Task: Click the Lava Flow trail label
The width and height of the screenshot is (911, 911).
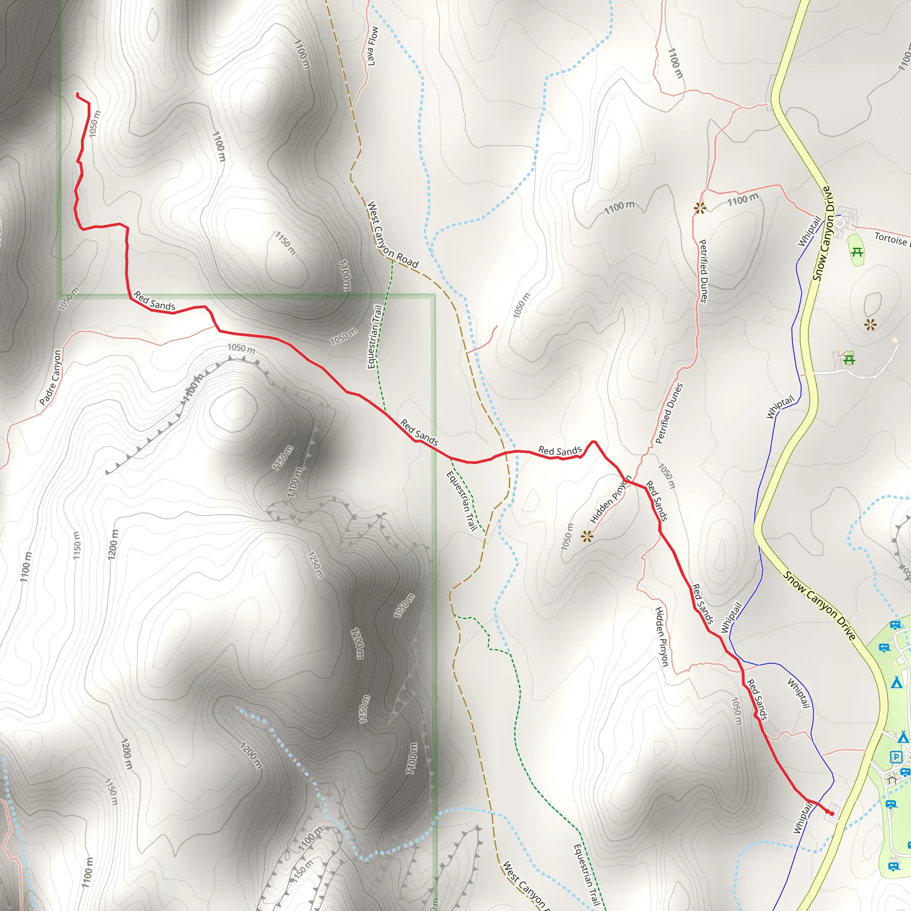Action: (372, 46)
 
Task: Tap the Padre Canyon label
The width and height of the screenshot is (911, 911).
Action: (50, 377)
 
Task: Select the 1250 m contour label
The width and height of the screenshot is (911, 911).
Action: (315, 565)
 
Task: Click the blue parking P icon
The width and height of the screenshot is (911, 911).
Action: (895, 757)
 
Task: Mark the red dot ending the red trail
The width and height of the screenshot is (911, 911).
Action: (832, 814)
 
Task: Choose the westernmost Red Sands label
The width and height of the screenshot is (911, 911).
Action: (154, 301)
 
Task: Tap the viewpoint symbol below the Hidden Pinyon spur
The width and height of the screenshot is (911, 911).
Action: (587, 536)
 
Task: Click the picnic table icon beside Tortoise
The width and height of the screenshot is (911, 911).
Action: (857, 252)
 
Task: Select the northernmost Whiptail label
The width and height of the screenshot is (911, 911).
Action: (809, 230)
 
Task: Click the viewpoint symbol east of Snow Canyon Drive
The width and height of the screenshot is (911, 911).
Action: (871, 324)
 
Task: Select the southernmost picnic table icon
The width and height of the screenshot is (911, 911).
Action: (849, 360)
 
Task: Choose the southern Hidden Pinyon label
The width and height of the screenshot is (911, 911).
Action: (661, 637)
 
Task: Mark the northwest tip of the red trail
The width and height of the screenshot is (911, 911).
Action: (77, 94)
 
